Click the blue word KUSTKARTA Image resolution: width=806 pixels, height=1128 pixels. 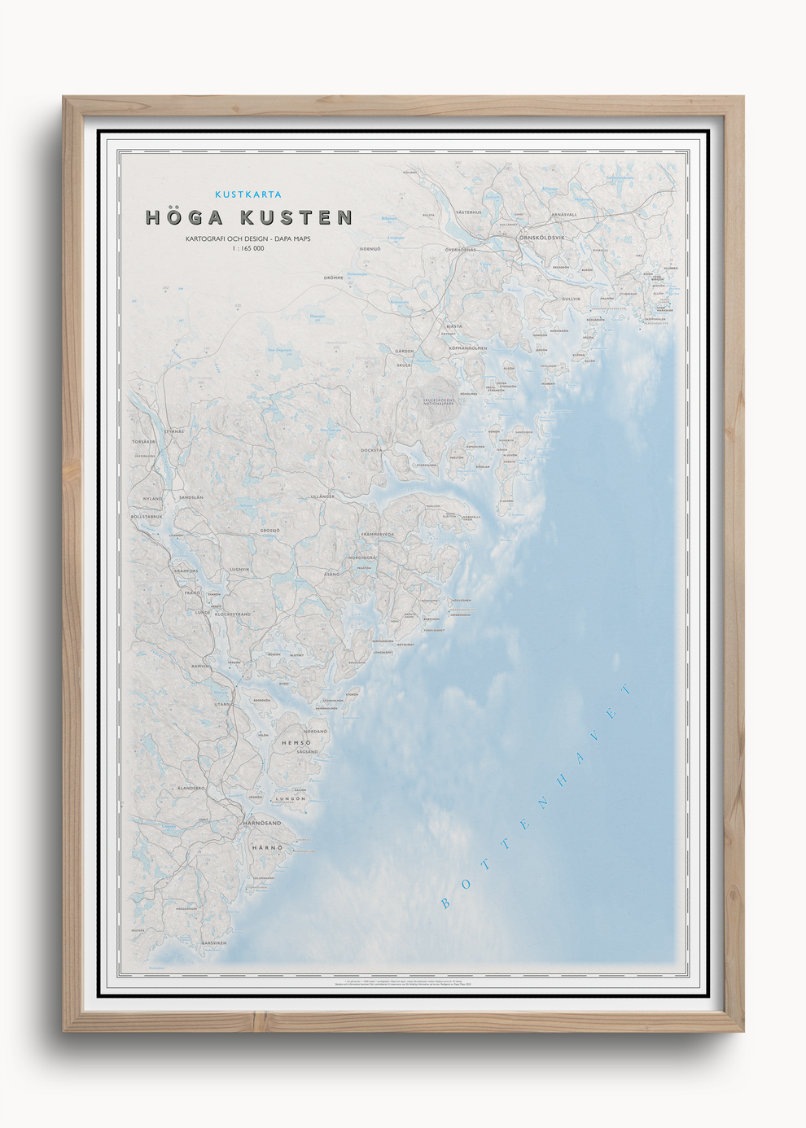click(248, 195)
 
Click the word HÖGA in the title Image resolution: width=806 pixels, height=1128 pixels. click(184, 217)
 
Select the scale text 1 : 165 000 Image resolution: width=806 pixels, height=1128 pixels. click(248, 248)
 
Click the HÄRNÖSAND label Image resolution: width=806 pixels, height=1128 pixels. click(262, 823)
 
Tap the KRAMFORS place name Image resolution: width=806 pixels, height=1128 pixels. click(186, 571)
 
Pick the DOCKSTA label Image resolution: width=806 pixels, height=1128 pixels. click(371, 450)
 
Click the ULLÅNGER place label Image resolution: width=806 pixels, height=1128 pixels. click(322, 496)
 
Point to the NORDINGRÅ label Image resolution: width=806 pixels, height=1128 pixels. click(362, 557)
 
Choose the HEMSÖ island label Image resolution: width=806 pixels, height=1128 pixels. click(296, 743)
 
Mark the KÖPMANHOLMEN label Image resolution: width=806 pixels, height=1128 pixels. click(468, 348)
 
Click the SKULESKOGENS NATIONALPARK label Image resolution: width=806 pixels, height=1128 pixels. click(439, 401)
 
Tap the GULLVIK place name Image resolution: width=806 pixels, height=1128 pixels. click(571, 299)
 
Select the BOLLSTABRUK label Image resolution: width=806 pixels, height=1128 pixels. click(147, 516)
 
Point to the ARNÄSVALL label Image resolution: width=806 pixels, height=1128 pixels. click(564, 215)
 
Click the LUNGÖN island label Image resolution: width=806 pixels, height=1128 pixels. click(291, 798)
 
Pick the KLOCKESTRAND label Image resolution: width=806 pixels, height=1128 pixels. click(233, 614)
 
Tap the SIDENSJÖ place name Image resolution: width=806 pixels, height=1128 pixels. click(370, 249)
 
